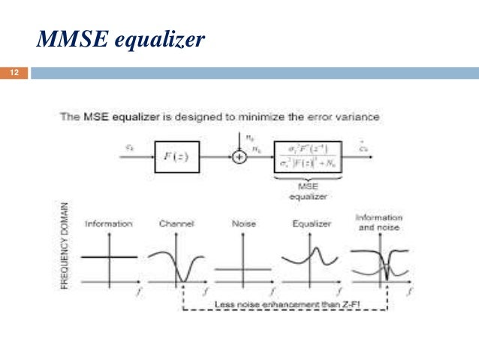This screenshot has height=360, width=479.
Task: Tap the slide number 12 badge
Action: click(14, 73)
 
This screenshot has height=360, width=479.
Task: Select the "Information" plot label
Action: click(109, 224)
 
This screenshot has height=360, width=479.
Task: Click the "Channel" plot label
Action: click(177, 224)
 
